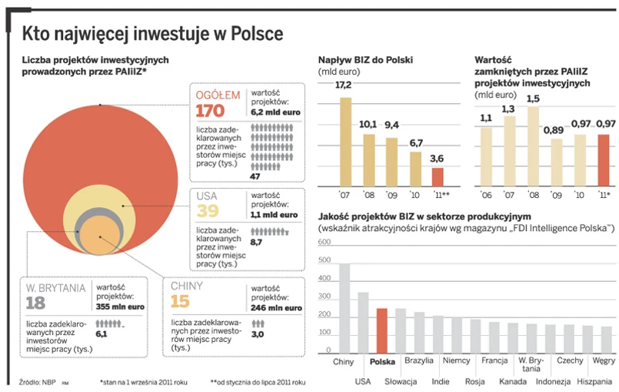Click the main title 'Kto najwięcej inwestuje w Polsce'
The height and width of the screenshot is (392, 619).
coord(152,34)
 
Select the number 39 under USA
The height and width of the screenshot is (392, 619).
coord(206,211)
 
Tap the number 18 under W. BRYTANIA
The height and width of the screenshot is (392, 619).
coord(35,303)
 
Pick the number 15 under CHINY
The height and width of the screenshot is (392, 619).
coord(181,301)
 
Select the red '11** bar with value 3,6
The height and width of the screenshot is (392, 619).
coord(437,176)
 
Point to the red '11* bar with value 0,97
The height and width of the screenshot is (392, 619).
coord(604,159)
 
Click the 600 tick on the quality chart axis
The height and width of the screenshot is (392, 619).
coord(324,242)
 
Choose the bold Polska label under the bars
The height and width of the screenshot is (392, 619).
coord(383,360)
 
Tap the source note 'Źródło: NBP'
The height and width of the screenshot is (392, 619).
coord(37,381)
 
